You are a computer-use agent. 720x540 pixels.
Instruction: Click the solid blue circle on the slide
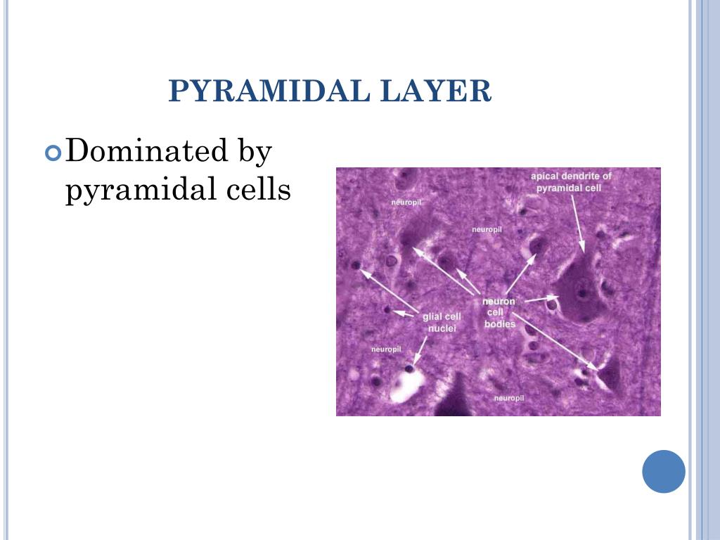[x=663, y=471]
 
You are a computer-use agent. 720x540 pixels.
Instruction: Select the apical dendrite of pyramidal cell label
[x=571, y=181]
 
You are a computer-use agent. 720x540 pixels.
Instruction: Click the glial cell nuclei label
[x=442, y=322]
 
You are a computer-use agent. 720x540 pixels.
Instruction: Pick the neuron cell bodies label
[x=499, y=313]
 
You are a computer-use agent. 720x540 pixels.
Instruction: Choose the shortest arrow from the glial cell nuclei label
[x=406, y=313]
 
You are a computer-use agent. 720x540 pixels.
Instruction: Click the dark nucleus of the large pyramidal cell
[x=581, y=292]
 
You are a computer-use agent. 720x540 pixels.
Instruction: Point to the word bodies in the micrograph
[x=500, y=324]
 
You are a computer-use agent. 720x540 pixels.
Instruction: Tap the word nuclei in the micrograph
[x=443, y=328]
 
